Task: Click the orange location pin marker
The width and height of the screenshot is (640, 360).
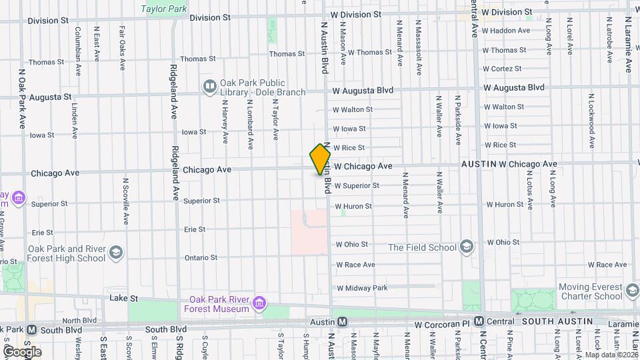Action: click(320, 159)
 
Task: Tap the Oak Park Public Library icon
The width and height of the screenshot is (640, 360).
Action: click(210, 86)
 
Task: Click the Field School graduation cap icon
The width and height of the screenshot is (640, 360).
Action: click(467, 247)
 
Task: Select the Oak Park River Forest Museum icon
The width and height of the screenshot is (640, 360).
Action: click(259, 304)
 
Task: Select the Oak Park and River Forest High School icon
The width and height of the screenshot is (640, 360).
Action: click(116, 253)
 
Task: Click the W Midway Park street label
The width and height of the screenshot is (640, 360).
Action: click(362, 288)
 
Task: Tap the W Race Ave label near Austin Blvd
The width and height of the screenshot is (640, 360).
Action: click(355, 265)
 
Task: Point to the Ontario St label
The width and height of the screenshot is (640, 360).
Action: click(201, 257)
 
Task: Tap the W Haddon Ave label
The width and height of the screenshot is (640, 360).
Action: click(506, 31)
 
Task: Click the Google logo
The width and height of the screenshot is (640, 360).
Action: click(22, 351)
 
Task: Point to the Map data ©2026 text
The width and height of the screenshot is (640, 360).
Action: click(611, 355)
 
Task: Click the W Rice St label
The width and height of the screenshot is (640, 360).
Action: click(350, 147)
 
